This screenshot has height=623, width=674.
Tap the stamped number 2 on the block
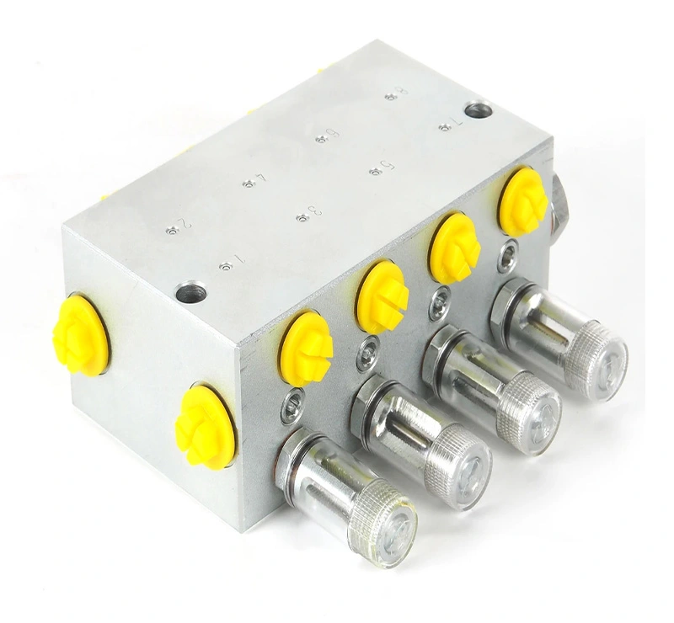[x=184, y=226]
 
